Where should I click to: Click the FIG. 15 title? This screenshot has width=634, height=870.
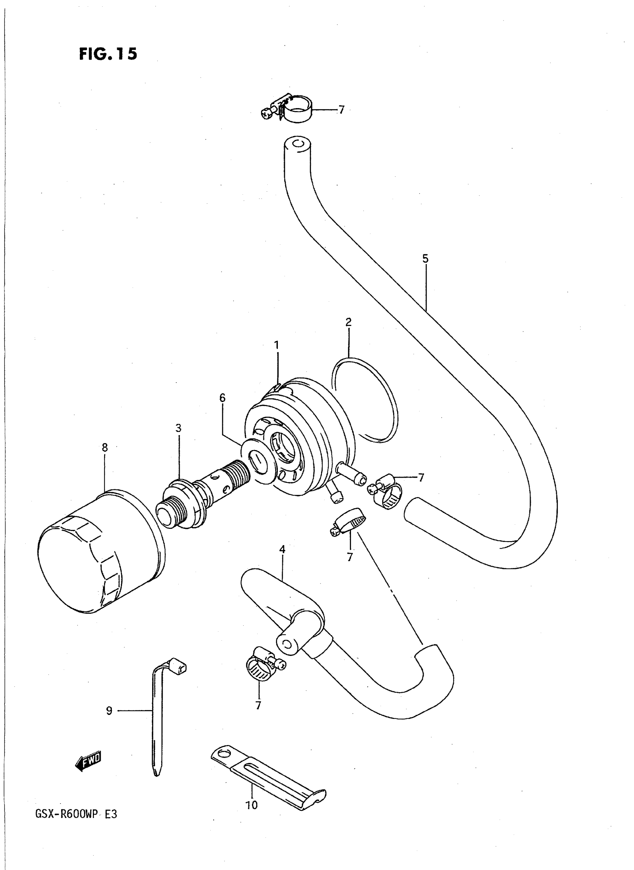point(108,54)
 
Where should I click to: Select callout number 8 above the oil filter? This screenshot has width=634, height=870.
point(105,447)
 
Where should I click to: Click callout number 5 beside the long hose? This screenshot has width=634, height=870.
point(425,259)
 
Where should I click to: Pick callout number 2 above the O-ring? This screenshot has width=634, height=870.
point(348,322)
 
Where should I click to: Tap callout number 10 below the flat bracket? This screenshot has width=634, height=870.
point(252,805)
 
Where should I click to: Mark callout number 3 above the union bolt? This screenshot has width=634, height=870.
point(179,428)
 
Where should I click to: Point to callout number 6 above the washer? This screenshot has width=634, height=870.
point(223,398)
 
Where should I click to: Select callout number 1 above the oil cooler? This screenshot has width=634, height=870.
point(276,345)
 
